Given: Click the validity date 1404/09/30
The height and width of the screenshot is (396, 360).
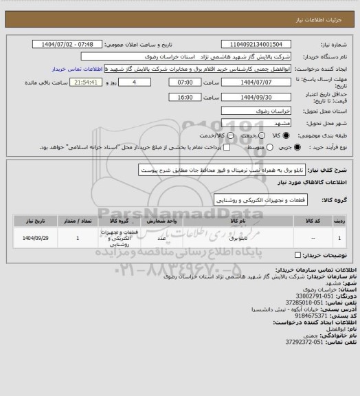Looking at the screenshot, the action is pyautogui.click(x=258, y=96).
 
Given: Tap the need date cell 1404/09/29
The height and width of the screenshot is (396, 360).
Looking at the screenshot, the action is pyautogui.click(x=32, y=239).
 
